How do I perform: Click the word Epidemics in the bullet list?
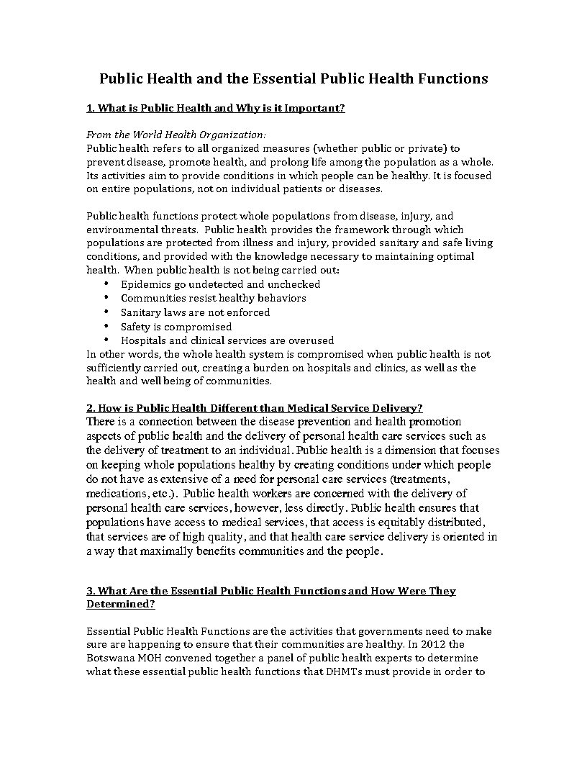(145, 284)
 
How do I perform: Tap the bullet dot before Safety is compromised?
(106, 326)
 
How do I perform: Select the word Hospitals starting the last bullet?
(144, 340)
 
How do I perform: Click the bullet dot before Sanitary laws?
(106, 312)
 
